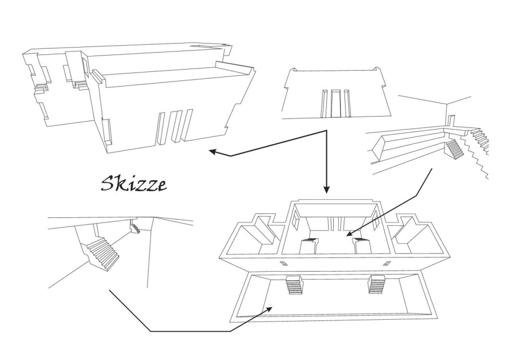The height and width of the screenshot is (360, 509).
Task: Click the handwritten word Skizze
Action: (133, 184)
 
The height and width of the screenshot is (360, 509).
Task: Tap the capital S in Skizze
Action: (107, 184)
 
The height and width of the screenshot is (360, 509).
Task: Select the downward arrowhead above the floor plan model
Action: (326, 190)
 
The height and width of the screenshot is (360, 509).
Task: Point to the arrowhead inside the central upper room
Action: (350, 233)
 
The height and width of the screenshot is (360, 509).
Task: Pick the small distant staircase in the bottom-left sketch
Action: (135, 227)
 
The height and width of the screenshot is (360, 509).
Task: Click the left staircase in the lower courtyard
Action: (295, 285)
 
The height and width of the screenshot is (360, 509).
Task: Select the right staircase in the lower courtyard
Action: (377, 284)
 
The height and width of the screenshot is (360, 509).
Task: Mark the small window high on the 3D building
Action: (85, 67)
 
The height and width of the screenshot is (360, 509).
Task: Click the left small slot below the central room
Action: (283, 263)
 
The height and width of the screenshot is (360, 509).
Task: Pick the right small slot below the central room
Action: (386, 263)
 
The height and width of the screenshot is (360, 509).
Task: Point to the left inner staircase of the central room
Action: (309, 245)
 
